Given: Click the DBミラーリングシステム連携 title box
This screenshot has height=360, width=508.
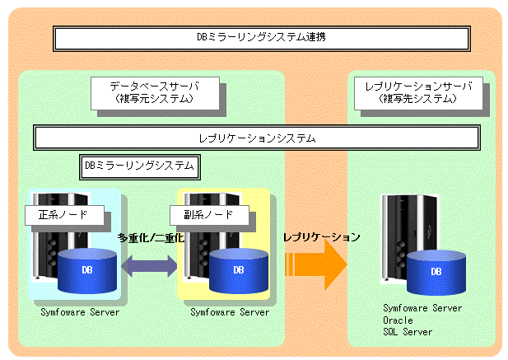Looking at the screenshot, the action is click(262, 39).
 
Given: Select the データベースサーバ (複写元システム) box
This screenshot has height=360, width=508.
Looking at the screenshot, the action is click(155, 93).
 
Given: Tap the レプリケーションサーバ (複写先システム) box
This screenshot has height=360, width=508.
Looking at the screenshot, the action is click(418, 93).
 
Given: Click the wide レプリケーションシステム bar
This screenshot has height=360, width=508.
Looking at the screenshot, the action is click(257, 138).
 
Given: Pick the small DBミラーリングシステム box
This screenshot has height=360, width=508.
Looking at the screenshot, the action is click(140, 167).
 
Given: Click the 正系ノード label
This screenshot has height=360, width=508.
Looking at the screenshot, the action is click(64, 215).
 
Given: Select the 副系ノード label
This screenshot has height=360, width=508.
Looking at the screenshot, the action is click(209, 215).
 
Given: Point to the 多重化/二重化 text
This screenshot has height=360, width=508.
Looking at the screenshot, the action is click(151, 238).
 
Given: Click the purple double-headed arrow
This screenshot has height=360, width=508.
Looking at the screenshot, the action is click(149, 266).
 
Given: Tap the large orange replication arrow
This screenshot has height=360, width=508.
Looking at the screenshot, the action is click(316, 264).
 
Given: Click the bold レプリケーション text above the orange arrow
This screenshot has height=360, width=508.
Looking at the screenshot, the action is click(322, 237).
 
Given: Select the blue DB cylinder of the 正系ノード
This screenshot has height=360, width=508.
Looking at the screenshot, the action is click(87, 271).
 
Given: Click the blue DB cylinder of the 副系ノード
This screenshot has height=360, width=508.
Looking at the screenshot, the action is click(239, 271).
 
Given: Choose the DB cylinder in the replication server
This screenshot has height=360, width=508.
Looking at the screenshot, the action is click(436, 273).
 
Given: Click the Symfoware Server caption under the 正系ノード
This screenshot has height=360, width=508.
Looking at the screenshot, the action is click(80, 312).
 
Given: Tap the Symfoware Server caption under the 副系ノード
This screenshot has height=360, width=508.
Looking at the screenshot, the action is click(230, 312).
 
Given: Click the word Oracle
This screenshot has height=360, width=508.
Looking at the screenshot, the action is click(398, 320).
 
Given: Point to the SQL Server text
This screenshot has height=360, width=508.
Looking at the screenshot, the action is click(408, 332).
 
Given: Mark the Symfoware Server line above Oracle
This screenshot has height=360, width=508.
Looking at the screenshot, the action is click(422, 308).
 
